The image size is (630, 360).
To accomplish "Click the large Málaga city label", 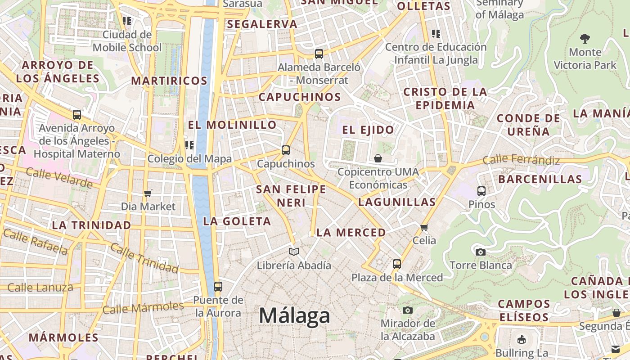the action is pyautogui.click(x=294, y=315).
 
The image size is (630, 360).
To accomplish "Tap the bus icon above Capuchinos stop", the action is pyautogui.click(x=286, y=150).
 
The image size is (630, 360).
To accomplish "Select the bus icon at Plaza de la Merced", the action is pyautogui.click(x=396, y=264).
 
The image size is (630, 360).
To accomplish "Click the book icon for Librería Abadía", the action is pyautogui.click(x=294, y=252).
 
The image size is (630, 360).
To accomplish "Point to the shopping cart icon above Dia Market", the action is pyautogui.click(x=148, y=193).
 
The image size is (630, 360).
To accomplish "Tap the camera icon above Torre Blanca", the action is pyautogui.click(x=481, y=252).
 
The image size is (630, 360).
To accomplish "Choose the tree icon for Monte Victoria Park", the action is pyautogui.click(x=585, y=39).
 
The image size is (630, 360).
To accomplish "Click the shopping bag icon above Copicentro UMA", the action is pyautogui.click(x=378, y=158).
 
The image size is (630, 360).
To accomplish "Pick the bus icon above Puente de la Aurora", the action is pyautogui.click(x=218, y=286).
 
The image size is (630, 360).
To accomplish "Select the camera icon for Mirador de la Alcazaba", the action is pyautogui.click(x=408, y=310).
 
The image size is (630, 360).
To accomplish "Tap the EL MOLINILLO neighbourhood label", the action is pyautogui.click(x=232, y=125).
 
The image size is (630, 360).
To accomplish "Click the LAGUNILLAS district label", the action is pyautogui.click(x=397, y=202).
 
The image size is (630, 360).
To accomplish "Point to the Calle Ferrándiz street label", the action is pyautogui.click(x=521, y=160).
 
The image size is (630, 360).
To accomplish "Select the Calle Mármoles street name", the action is pyautogui.click(x=143, y=308).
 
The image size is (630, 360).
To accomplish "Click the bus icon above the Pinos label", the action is pyautogui.click(x=481, y=191).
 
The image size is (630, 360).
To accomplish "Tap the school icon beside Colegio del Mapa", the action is pyautogui.click(x=189, y=145).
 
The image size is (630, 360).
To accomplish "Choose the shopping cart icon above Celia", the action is pyautogui.click(x=424, y=227).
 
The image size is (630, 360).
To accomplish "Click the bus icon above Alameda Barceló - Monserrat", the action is pyautogui.click(x=319, y=54).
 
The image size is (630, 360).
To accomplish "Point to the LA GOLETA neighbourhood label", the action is pyautogui.click(x=237, y=221).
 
